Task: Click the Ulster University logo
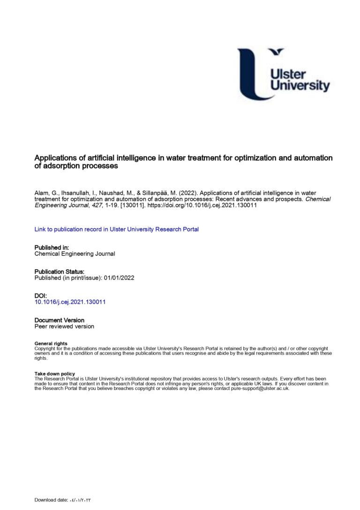coord(283,74)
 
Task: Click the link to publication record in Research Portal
coord(117,229)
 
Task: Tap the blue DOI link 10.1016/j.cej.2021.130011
coord(70,302)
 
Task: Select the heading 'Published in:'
coord(52,247)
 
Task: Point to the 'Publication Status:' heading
coord(60,272)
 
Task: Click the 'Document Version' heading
coord(60,320)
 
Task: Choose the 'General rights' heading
coord(51,343)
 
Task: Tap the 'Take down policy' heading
coord(55,374)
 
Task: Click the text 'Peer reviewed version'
coord(64,326)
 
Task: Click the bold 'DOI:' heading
coord(41,296)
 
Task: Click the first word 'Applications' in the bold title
coord(54,158)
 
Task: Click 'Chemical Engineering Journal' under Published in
coord(75,254)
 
